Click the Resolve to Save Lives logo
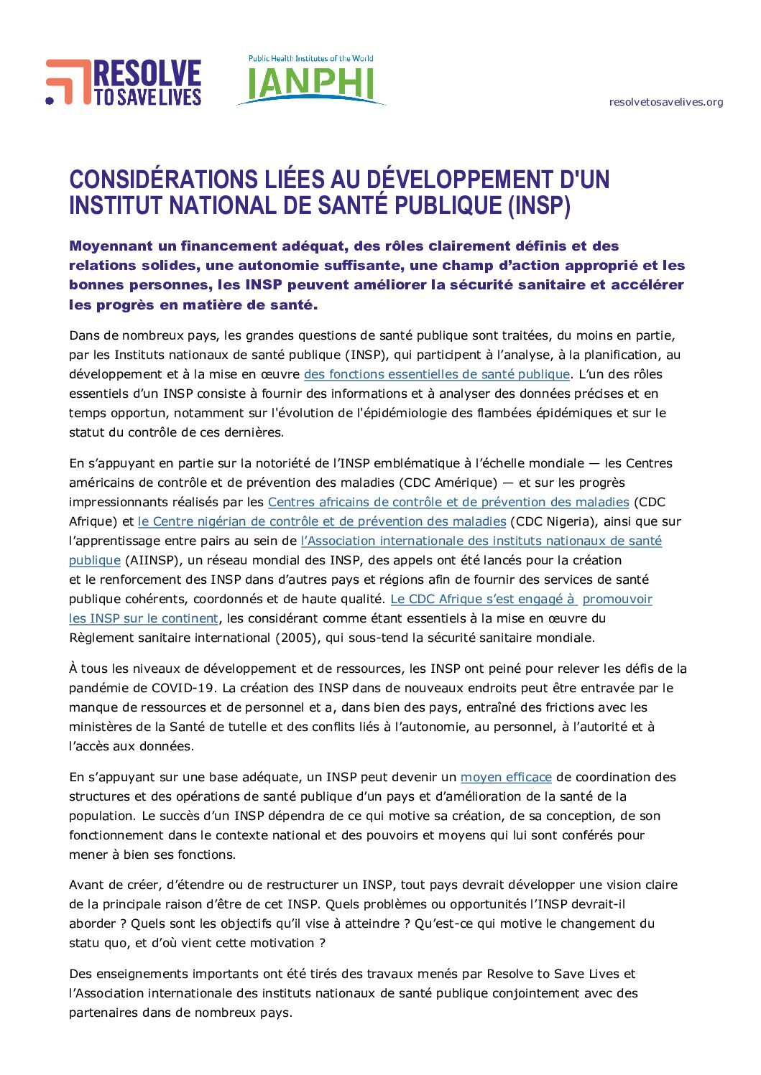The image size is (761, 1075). pos(124,83)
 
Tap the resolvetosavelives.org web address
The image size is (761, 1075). pos(665,102)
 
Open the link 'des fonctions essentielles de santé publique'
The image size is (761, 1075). pos(436,374)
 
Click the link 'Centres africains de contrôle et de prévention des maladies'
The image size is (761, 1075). pos(448,502)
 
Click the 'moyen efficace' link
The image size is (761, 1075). pos(506,777)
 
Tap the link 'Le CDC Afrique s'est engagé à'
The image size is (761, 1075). pos(483,599)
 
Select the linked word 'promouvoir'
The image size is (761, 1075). pos(617,599)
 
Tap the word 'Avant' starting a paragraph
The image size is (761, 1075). pos(86,885)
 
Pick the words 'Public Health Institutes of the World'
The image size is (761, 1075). pos(310,59)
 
